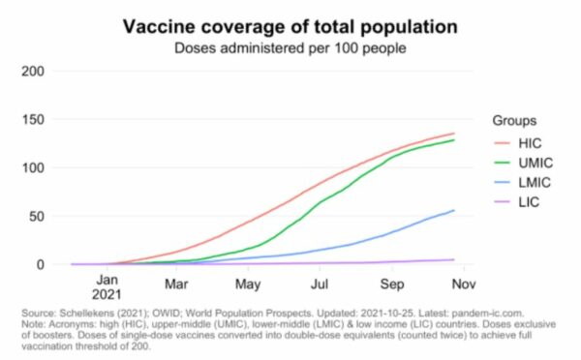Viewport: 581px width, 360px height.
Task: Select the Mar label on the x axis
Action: pyautogui.click(x=175, y=285)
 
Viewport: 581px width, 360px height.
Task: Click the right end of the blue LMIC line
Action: pyautogui.click(x=454, y=210)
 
